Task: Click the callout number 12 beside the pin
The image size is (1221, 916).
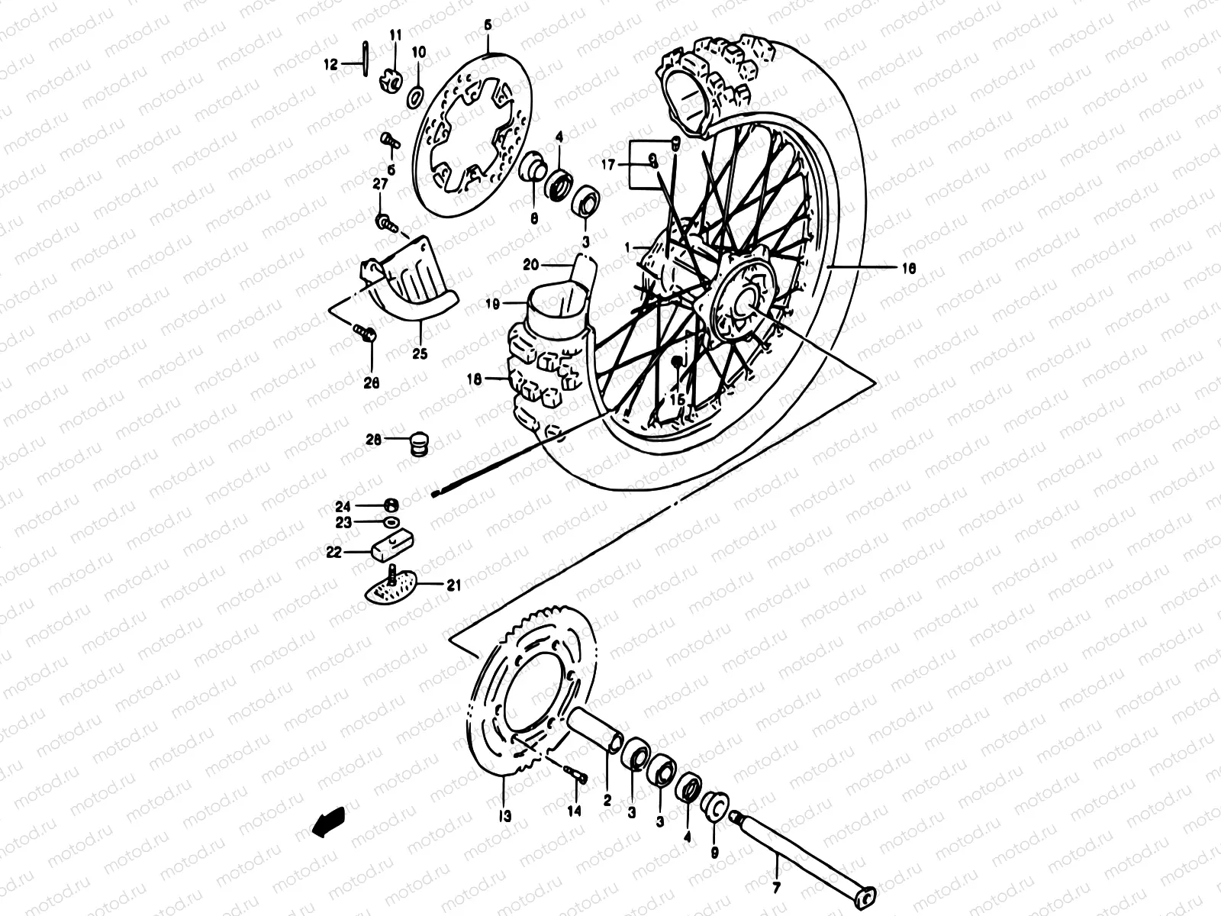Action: (x=329, y=66)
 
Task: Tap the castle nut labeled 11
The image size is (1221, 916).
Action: (x=391, y=79)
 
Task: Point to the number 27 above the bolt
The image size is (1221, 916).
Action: (x=380, y=185)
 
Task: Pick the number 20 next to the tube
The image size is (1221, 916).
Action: (x=531, y=265)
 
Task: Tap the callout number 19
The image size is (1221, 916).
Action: (x=492, y=304)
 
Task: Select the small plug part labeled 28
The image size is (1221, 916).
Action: (x=417, y=443)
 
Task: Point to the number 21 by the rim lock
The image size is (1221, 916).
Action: (x=453, y=585)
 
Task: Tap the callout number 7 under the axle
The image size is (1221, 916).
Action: (x=777, y=888)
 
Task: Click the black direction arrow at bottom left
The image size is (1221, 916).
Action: (x=328, y=821)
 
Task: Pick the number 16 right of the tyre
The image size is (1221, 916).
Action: (x=907, y=268)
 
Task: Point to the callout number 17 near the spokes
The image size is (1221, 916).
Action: (x=608, y=163)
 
